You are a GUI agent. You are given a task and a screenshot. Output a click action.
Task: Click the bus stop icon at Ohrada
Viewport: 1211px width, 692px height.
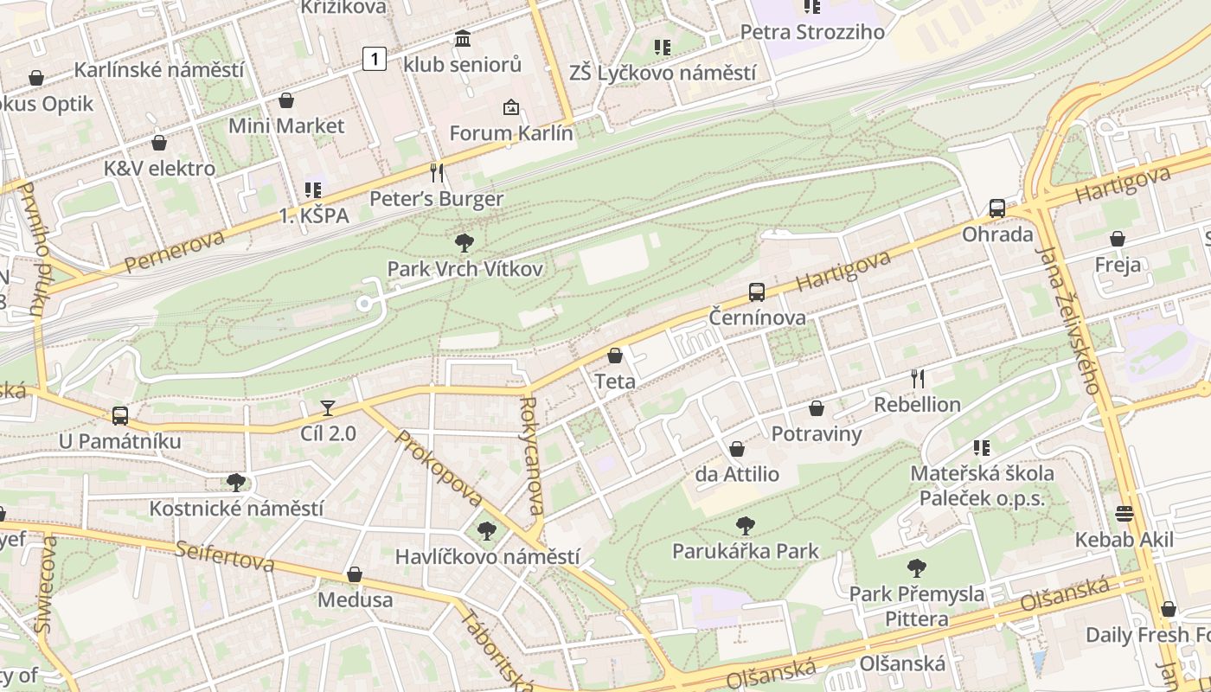pyautogui.click(x=997, y=208)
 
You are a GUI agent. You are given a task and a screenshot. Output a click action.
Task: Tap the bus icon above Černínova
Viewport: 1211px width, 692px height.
pyautogui.click(x=757, y=292)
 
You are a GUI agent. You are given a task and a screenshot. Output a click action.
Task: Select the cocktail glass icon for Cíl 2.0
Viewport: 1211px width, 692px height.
pyautogui.click(x=328, y=408)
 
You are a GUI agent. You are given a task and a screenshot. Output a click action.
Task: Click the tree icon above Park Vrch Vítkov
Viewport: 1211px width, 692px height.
pyautogui.click(x=465, y=243)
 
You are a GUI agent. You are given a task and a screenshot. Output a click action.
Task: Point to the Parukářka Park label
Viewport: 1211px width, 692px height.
pyautogui.click(x=745, y=550)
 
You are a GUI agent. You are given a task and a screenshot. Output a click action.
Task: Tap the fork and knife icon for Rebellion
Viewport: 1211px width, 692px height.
pyautogui.click(x=918, y=378)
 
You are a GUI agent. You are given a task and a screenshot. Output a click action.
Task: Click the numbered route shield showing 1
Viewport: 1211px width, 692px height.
pyautogui.click(x=374, y=59)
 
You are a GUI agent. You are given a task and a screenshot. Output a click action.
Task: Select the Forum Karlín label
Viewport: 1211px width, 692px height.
pyautogui.click(x=511, y=133)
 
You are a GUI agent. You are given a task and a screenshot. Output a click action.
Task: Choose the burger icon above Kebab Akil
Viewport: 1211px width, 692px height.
pyautogui.click(x=1124, y=514)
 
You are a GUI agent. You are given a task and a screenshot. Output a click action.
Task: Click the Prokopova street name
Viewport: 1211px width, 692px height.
pyautogui.click(x=439, y=468)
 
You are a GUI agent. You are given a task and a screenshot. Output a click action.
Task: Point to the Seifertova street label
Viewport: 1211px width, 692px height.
pyautogui.click(x=225, y=557)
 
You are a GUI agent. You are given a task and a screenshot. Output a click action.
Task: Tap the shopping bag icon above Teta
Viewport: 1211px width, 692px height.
pyautogui.click(x=615, y=356)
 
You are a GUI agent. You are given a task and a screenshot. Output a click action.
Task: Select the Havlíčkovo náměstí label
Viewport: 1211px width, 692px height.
pyautogui.click(x=487, y=556)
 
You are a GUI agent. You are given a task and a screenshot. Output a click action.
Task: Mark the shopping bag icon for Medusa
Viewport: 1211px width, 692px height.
pyautogui.click(x=355, y=574)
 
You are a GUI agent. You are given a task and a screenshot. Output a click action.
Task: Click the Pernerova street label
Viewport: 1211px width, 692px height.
pyautogui.click(x=174, y=251)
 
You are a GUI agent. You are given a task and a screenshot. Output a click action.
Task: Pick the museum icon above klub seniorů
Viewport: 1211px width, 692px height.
pyautogui.click(x=463, y=39)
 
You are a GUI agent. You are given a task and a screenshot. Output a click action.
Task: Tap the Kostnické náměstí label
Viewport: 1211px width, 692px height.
pyautogui.click(x=236, y=508)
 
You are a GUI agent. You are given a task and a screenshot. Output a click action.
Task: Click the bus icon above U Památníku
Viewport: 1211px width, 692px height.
pyautogui.click(x=120, y=416)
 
